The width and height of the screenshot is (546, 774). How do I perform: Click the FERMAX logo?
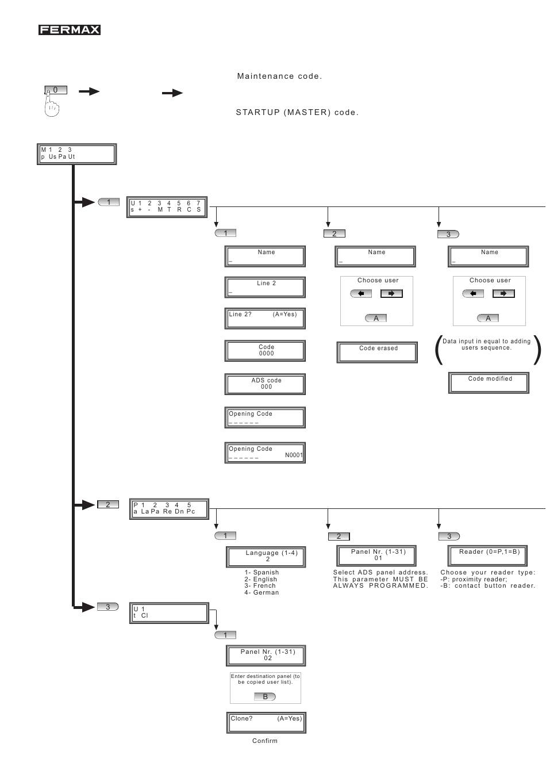coord(69,30)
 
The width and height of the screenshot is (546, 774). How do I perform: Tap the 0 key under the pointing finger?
coord(56,90)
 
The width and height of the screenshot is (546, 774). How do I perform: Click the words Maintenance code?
coord(279,76)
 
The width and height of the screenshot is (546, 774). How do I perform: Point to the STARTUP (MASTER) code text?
coord(297,112)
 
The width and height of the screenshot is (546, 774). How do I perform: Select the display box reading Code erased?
coord(377,352)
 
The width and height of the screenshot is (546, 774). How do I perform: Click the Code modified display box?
coord(489,382)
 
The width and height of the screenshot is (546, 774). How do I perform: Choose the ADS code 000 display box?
coord(265,384)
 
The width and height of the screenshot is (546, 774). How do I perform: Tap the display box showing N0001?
coord(265,453)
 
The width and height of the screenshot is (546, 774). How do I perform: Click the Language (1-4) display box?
coord(266,557)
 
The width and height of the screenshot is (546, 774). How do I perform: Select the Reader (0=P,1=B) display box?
coord(487,555)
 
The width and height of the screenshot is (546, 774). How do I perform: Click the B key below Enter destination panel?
coord(265,696)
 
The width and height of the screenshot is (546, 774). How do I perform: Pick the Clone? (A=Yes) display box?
coord(266,722)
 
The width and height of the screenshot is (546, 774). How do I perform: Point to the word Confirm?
coord(264,741)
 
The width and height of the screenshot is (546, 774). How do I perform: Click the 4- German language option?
coord(262,592)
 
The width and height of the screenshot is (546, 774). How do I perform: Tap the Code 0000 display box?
coord(265,351)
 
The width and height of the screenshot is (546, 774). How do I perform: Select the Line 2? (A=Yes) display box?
coord(265,318)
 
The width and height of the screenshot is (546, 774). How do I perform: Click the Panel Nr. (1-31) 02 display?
coord(266,656)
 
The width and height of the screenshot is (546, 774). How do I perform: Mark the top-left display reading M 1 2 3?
coord(76,154)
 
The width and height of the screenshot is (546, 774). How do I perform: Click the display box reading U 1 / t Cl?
coord(169,613)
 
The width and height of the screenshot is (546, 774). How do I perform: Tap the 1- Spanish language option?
coord(262,572)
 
